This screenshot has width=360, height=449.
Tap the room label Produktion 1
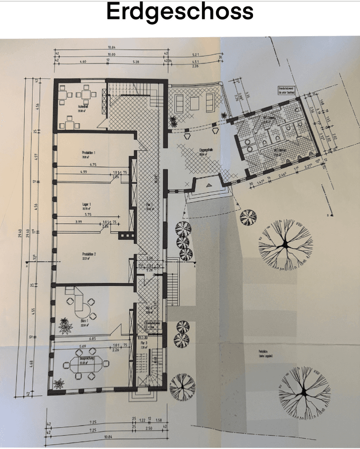tap(89, 153)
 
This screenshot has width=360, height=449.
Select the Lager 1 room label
tap(89, 204)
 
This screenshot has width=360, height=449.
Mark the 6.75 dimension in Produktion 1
tap(93, 164)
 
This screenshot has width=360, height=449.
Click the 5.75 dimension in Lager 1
tap(88, 215)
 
